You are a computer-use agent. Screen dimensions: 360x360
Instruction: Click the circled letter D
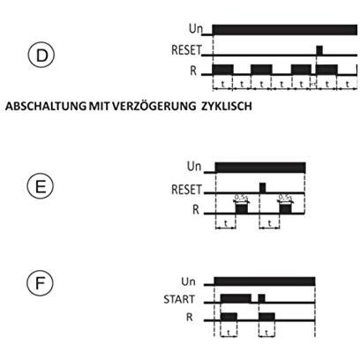coord(41,56)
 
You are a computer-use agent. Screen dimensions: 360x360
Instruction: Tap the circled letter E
coord(41,186)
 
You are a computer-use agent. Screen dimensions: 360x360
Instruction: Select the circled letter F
coord(40,282)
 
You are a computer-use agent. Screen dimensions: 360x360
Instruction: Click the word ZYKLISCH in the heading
coord(227,106)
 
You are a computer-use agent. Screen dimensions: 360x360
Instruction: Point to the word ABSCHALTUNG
coord(46,106)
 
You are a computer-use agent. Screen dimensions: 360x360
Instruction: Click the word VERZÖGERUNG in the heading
coord(154,106)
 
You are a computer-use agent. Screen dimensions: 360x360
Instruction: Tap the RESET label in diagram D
coord(186,50)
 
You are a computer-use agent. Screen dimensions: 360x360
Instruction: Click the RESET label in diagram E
coord(187,190)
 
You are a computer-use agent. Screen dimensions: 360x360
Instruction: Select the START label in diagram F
coord(179,299)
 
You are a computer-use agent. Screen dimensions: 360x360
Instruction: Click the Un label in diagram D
coord(196,29)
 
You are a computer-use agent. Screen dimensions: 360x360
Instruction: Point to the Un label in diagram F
coord(188,281)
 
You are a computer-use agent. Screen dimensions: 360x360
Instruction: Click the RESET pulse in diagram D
coord(319,50)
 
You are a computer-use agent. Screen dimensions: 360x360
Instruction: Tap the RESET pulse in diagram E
coord(263,188)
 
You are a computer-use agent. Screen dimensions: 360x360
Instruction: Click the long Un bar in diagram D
coord(285,30)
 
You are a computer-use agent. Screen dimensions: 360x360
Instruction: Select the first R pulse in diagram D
coord(222,69)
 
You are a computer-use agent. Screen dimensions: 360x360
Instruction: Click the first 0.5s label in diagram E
coord(241,197)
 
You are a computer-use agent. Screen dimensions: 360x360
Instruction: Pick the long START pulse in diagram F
coord(236,298)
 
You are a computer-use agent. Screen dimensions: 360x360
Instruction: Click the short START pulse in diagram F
coord(262,298)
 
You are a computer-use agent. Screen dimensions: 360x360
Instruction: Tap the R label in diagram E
coord(196,210)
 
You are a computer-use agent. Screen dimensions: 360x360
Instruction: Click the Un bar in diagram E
coord(260,168)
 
